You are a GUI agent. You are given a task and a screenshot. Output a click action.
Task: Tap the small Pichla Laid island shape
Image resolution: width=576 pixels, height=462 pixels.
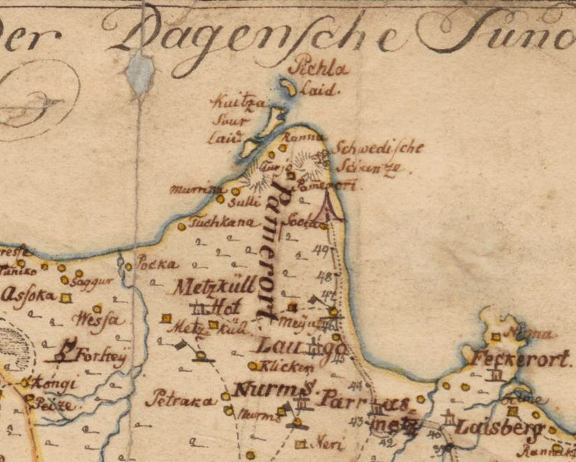coord(289,88)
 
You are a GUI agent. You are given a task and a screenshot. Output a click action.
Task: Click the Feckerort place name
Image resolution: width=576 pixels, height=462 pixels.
coord(522,357)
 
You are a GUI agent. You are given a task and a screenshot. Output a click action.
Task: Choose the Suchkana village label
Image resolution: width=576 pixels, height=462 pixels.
coord(215,223)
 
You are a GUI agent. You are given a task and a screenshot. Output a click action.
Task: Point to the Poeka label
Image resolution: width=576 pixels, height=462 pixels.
coord(156,263)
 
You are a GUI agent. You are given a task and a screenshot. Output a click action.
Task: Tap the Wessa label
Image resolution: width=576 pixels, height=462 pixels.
coord(99,319)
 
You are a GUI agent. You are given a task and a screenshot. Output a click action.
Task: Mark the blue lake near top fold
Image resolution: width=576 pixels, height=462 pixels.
coord(140,72)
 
